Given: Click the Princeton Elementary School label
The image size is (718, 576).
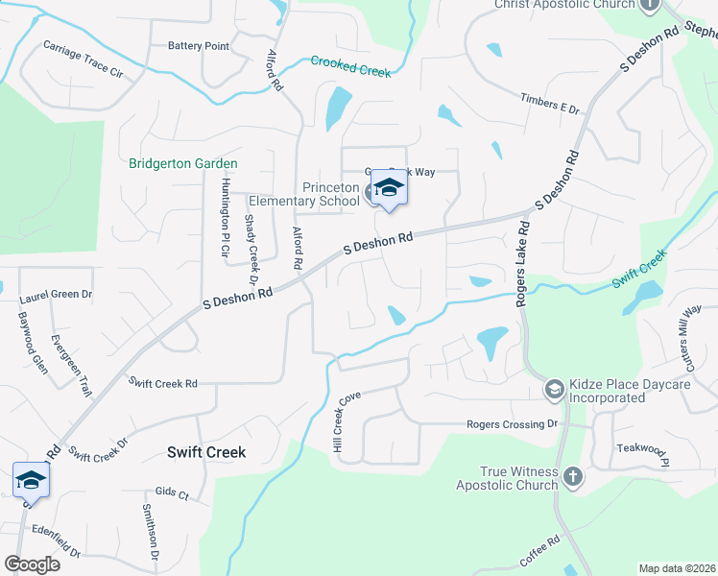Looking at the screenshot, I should click(x=303, y=194).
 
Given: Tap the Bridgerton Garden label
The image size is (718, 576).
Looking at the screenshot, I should click(x=183, y=164).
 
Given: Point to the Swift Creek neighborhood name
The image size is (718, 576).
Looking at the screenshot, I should click(x=206, y=452).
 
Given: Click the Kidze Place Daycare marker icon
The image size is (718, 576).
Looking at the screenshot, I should click(x=554, y=389).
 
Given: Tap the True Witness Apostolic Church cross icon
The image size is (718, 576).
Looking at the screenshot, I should click(x=572, y=476).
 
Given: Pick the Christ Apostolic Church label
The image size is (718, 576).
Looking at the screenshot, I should click(x=564, y=5).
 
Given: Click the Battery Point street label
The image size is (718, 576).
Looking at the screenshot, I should click(x=199, y=46).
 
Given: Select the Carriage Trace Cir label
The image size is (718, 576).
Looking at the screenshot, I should click(x=84, y=59).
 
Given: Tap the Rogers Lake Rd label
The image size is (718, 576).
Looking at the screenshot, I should click(x=523, y=265).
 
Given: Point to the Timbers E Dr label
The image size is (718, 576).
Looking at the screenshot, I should click(x=551, y=104).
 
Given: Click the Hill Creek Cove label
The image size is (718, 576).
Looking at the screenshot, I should click(x=343, y=422).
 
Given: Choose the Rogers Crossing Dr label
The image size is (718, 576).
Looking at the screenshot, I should click(x=512, y=423).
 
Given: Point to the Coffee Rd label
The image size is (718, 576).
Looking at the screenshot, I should click(x=539, y=552).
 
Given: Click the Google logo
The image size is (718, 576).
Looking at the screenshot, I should click(x=32, y=564).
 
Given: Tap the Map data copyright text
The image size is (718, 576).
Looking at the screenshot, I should click(x=677, y=568).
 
